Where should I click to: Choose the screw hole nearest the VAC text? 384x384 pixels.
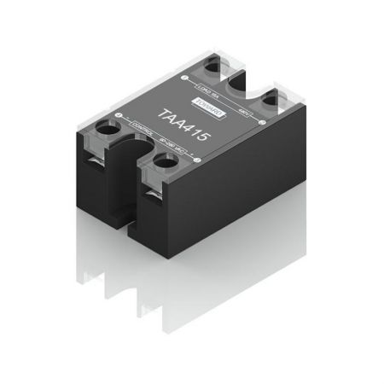(161, 167)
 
